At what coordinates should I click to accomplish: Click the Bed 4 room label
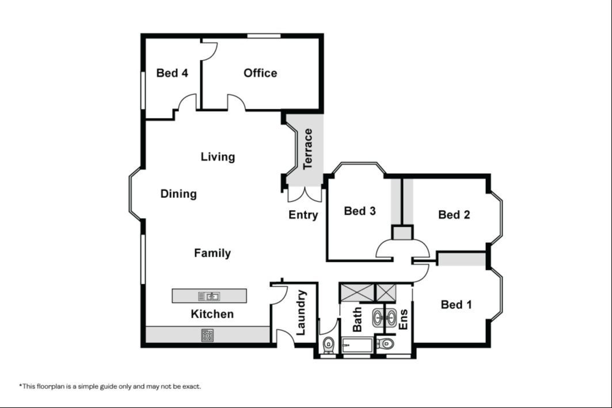point(172,73)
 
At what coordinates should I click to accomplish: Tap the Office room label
point(260,73)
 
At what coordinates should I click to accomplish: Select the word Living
point(218,157)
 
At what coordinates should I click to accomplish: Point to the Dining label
point(178,194)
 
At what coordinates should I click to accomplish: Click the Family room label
point(212,253)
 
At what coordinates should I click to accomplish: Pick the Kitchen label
point(212,314)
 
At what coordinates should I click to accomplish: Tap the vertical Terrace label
point(308,149)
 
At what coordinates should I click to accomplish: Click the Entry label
point(303,215)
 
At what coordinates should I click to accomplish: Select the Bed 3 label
point(360,211)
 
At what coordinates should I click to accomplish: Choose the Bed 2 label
point(454,215)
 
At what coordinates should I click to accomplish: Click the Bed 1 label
point(457,304)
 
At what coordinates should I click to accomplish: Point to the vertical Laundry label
point(301,312)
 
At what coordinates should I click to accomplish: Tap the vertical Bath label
point(357,319)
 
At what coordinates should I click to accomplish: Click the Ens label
point(403,319)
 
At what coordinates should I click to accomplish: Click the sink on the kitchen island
point(209,296)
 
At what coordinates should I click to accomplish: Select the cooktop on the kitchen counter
point(207,335)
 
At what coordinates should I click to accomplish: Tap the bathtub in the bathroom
point(358,346)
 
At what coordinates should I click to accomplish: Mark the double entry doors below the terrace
point(305,195)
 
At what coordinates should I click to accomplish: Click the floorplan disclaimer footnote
point(110,387)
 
